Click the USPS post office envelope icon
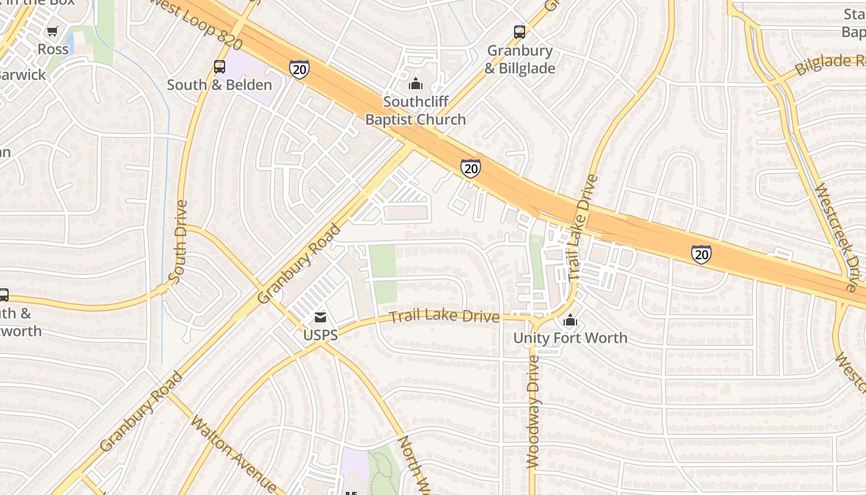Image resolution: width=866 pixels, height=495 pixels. click(320, 318)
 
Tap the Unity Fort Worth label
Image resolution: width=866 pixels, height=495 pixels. click(570, 338)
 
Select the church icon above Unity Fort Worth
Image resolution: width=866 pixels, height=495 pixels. click(570, 321)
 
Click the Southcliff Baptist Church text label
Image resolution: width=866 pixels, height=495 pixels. click(415, 111)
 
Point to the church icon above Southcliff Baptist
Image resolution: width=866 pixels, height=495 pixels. click(416, 84)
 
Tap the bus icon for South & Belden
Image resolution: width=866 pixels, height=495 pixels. click(220, 67)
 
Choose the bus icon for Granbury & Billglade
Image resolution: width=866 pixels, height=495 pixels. click(520, 32)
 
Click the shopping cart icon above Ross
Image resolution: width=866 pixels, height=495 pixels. click(53, 31)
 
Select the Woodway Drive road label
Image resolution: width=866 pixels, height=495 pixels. click(533, 411)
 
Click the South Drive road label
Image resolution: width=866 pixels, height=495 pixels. click(178, 242)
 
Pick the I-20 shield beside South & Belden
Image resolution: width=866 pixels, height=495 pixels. click(299, 69)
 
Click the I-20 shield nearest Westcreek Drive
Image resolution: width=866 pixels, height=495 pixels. click(701, 254)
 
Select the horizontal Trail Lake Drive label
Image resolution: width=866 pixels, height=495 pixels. click(444, 317)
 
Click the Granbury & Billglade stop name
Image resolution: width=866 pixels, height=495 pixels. click(520, 59)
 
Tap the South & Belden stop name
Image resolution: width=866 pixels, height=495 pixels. click(220, 85)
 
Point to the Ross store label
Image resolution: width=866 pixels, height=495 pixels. click(53, 49)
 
